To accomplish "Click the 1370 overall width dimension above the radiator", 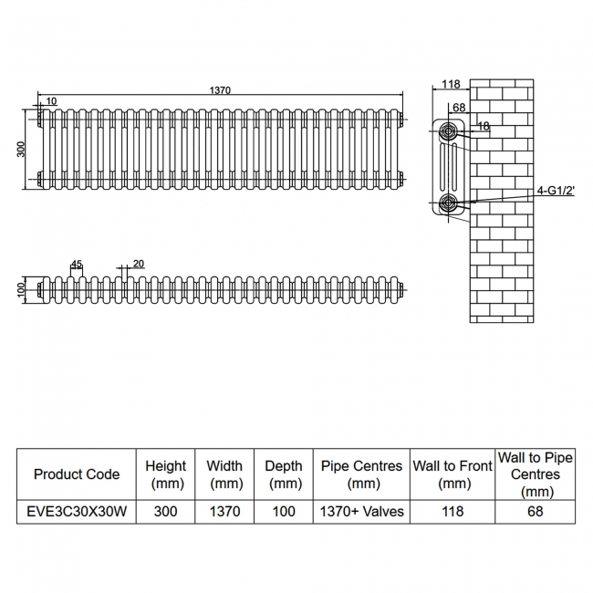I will (x=220, y=89).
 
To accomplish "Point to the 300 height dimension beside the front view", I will (x=21, y=149).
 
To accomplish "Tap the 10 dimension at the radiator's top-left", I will (x=51, y=100).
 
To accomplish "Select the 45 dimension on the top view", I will (x=77, y=265).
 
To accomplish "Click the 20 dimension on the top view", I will (x=139, y=264).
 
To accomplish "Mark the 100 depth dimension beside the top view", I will (x=21, y=290).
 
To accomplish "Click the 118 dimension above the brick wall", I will (x=450, y=85).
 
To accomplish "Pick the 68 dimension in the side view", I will (x=459, y=108).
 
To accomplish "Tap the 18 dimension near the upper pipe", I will (x=484, y=127).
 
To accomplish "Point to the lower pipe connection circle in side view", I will (x=449, y=203).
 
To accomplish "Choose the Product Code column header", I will (x=77, y=474).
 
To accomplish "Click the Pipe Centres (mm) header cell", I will (x=362, y=474).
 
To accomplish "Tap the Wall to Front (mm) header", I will (x=453, y=474).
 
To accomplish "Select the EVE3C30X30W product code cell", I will (x=77, y=512).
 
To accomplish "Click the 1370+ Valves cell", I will (x=362, y=512).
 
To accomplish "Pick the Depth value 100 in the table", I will (x=284, y=512).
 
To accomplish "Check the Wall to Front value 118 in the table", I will (x=453, y=512).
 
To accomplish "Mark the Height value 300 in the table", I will (x=165, y=512).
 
